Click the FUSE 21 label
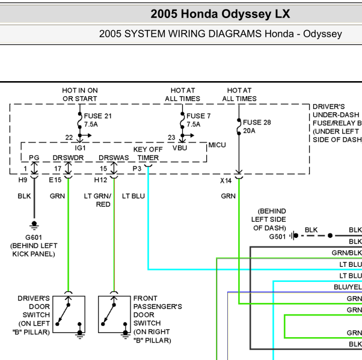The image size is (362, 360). tap(97, 116)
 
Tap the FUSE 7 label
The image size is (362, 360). tap(198, 116)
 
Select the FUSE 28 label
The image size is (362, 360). tap(257, 123)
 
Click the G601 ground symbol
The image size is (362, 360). tap(34, 225)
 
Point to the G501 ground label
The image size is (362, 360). tap(277, 237)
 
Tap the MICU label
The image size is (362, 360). tap(217, 145)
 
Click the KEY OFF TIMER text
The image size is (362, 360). tap(148, 153)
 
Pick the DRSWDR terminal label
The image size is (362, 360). tap(68, 157)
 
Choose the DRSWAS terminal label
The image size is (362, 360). tap(114, 157)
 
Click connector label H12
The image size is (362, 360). tap(100, 180)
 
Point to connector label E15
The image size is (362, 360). tap(55, 180)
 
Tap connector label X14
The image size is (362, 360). tap(225, 181)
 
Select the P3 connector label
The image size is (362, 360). tap(137, 169)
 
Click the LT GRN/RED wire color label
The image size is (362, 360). tap(97, 200)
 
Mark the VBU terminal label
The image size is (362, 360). tap(180, 148)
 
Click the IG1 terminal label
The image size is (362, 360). tap(80, 148)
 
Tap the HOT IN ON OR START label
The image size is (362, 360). tap(80, 94)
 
